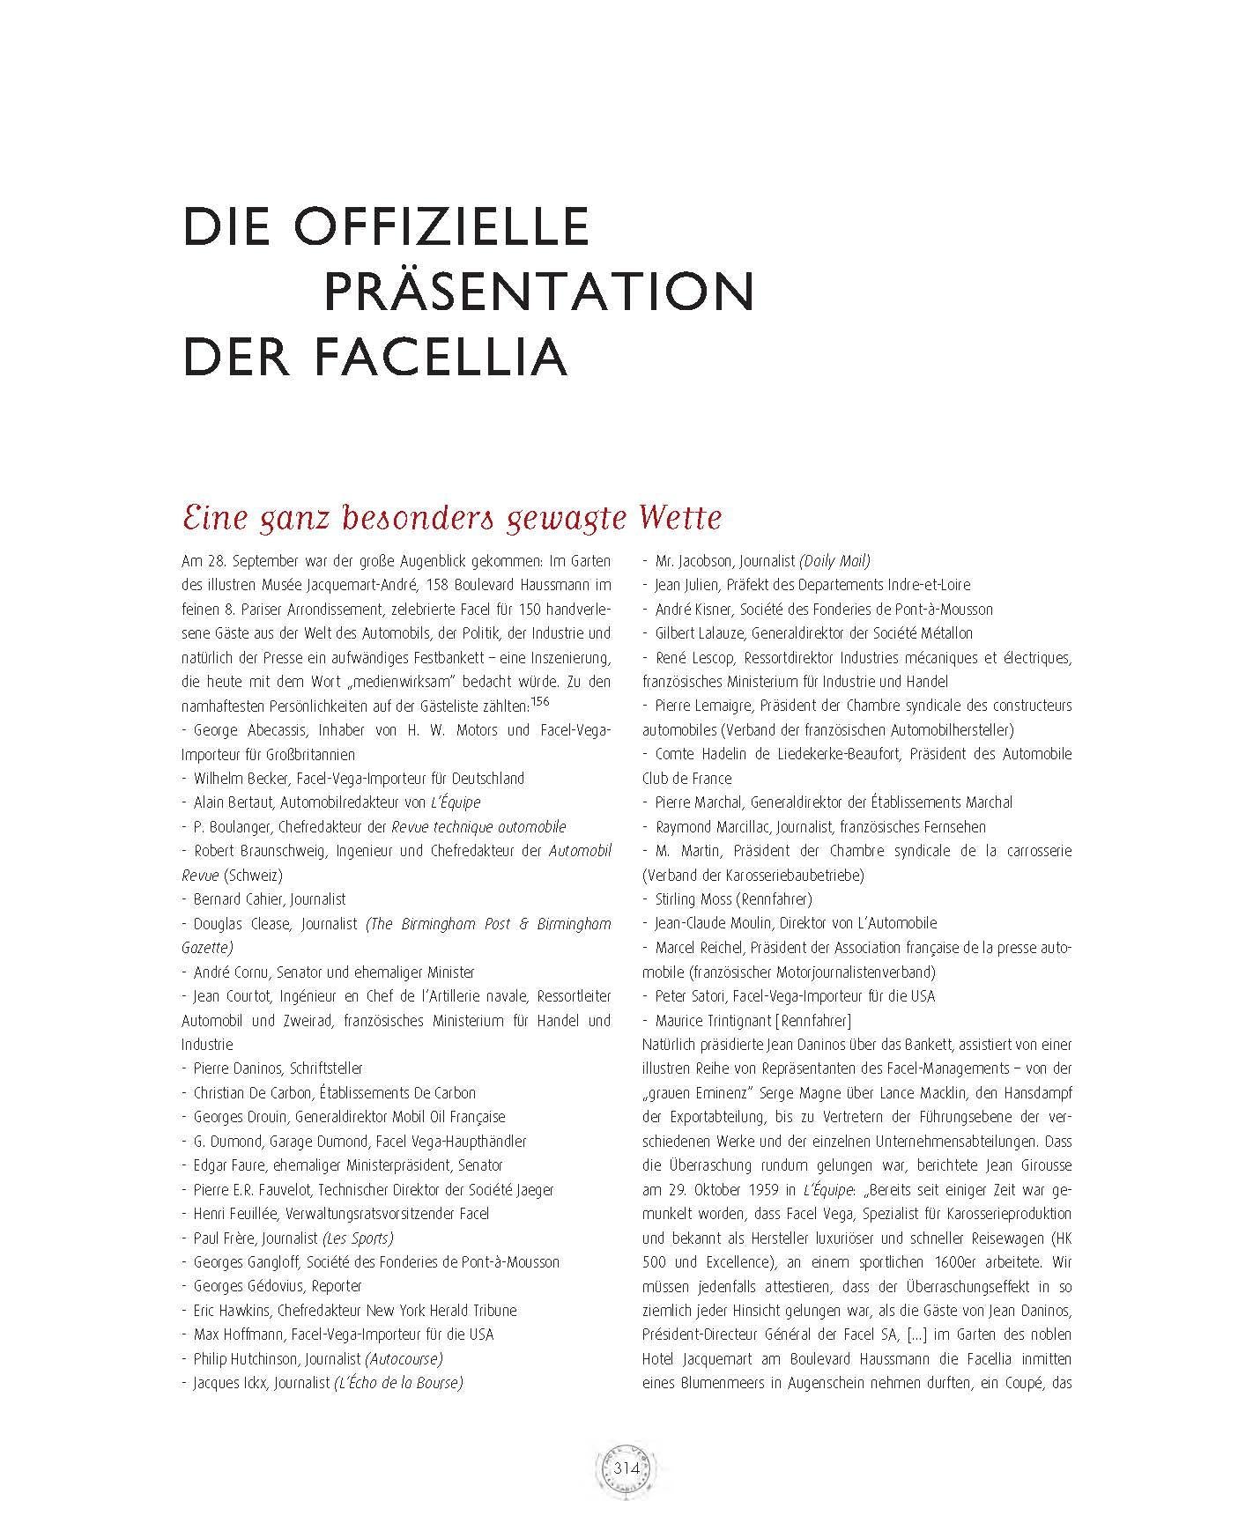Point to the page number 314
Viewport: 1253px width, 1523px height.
(x=626, y=1468)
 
